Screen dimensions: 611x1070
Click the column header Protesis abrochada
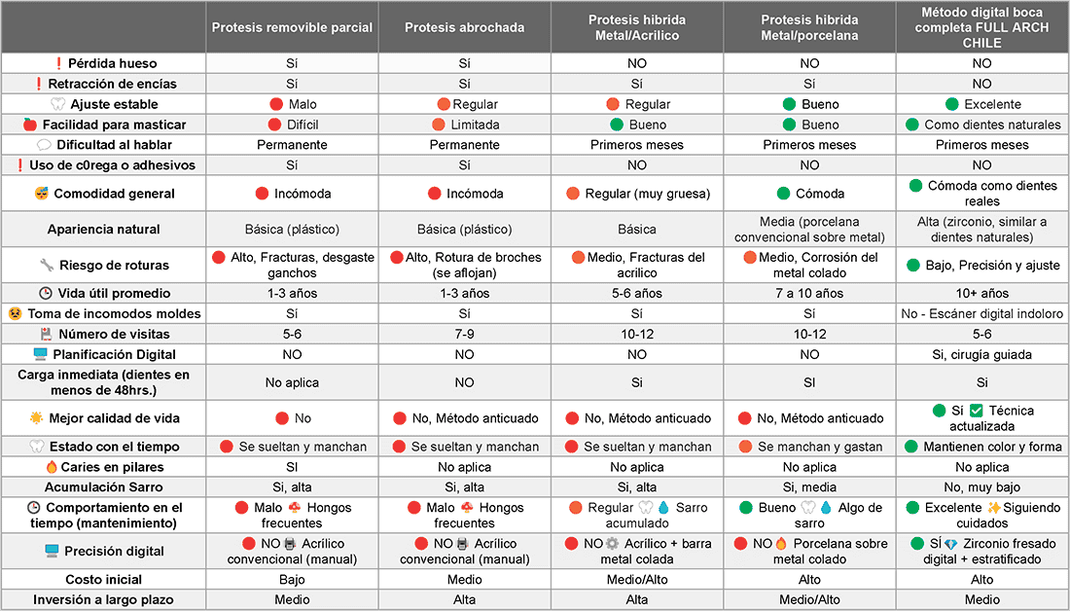coord(465,27)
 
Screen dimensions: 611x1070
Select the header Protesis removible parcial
coord(292,27)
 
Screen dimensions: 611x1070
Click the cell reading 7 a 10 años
coord(809,293)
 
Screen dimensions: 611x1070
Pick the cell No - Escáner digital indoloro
coord(982,313)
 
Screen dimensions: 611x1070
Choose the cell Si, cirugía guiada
coord(982,354)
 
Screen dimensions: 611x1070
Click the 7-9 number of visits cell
coord(465,334)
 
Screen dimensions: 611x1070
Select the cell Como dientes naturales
coord(992,125)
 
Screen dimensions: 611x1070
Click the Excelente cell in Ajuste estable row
coord(992,104)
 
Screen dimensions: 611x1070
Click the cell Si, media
coord(809,487)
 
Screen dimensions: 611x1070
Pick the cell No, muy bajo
coord(982,487)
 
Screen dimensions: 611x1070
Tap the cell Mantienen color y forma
coord(992,447)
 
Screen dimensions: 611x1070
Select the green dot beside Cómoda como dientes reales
coord(914,186)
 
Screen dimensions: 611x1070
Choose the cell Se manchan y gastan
coord(820,447)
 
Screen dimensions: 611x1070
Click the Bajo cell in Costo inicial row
coord(292,579)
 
